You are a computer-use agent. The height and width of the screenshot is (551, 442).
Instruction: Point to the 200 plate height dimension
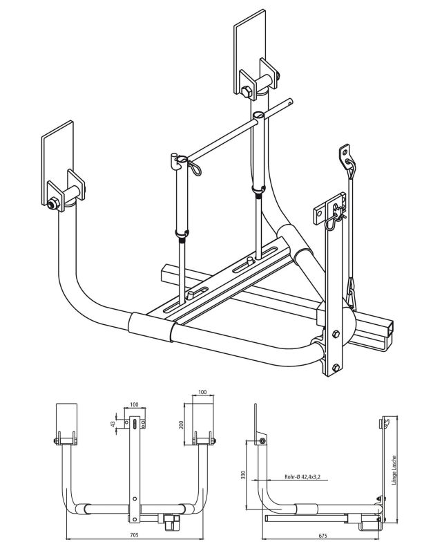pos(181,423)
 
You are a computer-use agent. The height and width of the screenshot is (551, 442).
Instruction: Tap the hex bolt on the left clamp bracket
pos(53,204)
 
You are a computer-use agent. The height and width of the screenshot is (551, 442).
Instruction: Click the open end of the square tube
pos(390,335)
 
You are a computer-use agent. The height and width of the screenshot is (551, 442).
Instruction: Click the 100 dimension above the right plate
pos(202,392)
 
